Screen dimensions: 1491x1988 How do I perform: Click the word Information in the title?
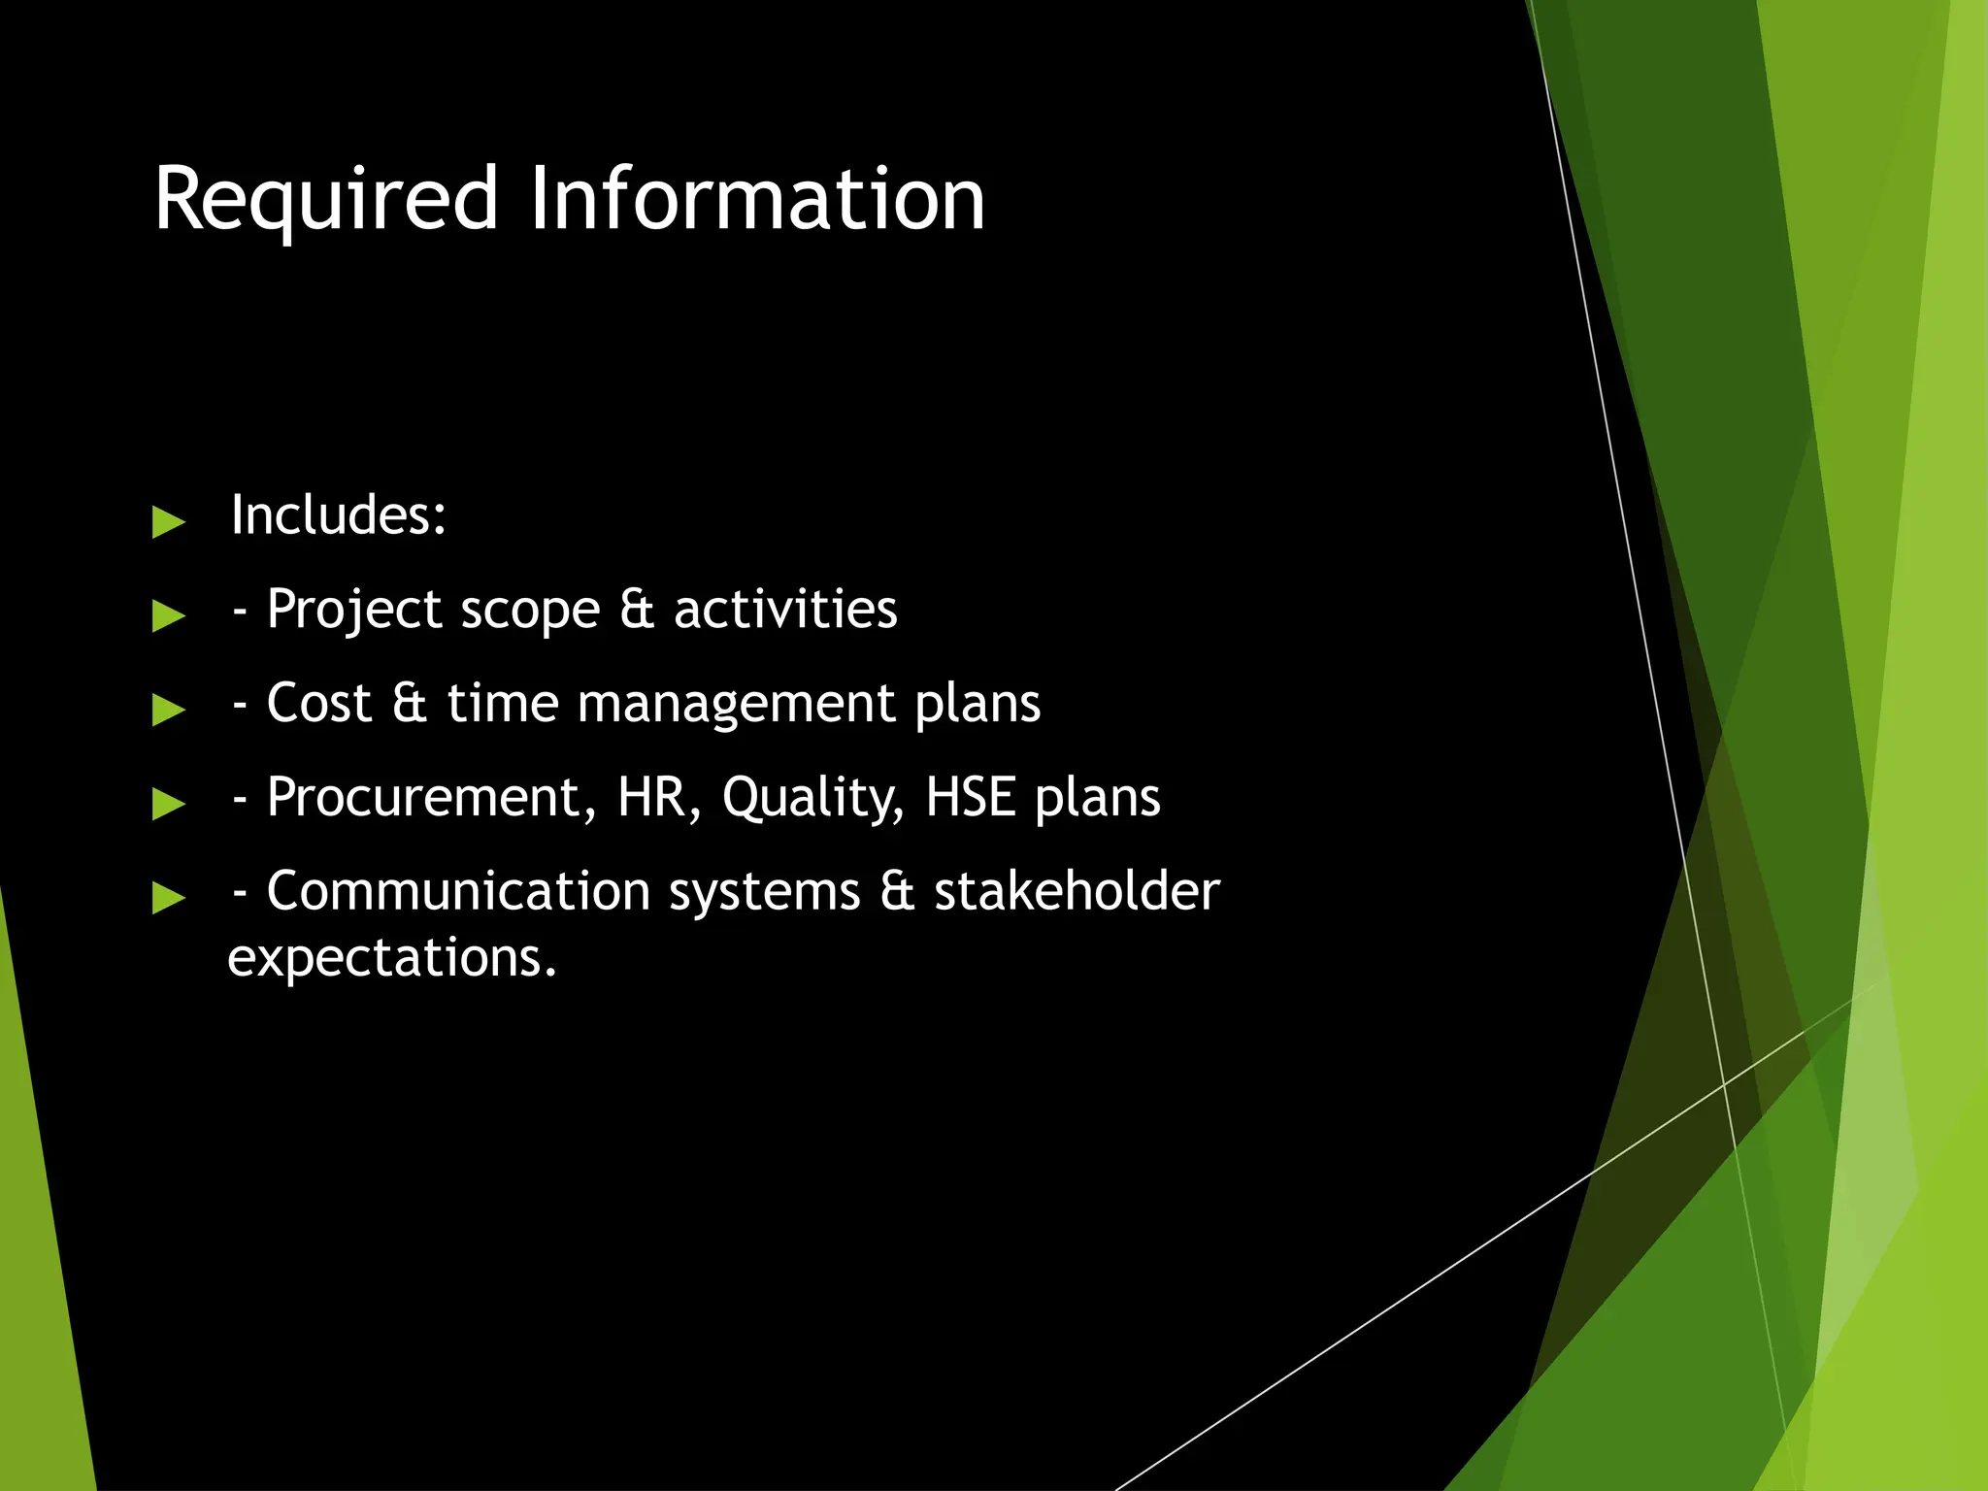757,199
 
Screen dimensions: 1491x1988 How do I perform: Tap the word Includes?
338,514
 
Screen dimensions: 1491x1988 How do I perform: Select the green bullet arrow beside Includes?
168,522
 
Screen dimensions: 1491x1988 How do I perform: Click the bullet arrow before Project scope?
168,615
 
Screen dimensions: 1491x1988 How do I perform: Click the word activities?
785,610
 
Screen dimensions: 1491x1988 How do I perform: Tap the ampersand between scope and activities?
636,610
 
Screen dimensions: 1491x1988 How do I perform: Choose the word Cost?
318,703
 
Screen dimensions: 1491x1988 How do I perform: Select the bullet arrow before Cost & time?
168,710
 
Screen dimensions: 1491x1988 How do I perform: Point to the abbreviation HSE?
971,797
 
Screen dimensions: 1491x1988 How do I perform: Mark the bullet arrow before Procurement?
168,804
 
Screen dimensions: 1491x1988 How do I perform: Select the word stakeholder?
1077,891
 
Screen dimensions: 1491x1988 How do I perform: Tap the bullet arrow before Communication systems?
168,898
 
